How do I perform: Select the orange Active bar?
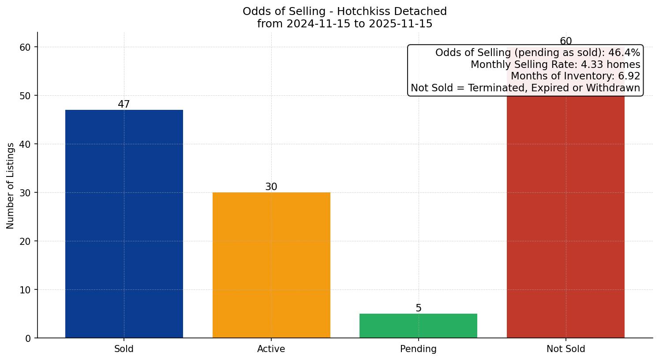(271, 265)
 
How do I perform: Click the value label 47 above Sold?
(124, 105)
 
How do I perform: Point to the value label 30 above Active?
(271, 187)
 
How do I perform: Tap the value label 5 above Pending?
(419, 308)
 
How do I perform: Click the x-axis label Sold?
(124, 349)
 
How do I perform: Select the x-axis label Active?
(271, 349)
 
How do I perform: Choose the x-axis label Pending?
(418, 349)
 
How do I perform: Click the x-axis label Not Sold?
(565, 349)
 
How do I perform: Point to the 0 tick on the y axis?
(28, 338)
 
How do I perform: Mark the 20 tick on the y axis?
(26, 241)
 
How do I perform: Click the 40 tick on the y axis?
(26, 144)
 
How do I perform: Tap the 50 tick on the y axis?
(26, 96)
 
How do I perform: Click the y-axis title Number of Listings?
(11, 185)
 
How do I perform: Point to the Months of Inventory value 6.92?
(629, 76)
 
